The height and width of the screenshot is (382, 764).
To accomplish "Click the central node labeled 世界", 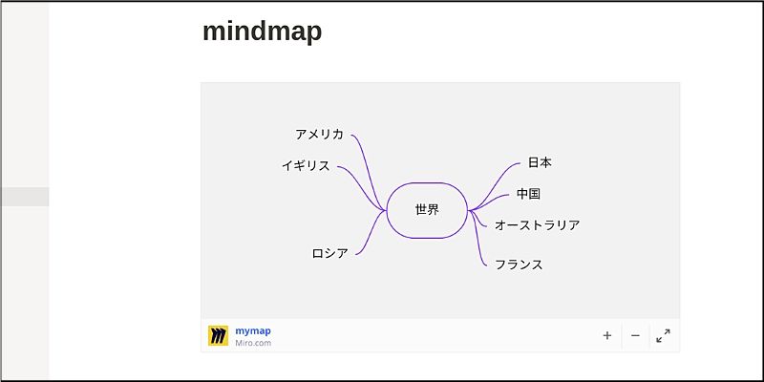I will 427,210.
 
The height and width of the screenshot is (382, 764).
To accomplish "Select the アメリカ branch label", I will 319,135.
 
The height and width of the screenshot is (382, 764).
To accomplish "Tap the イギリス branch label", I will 306,166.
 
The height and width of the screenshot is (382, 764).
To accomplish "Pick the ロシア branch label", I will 329,253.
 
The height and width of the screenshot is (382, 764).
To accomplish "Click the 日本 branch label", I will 540,163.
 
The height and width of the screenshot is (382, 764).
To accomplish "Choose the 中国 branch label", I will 528,194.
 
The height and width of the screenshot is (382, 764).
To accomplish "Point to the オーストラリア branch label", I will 537,225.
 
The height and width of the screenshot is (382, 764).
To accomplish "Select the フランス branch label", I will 519,265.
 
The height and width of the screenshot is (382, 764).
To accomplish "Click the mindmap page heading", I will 262,32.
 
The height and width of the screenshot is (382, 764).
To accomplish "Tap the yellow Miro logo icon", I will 219,335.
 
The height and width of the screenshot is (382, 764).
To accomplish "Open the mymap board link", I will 253,330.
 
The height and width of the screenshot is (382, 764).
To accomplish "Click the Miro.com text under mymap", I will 253,343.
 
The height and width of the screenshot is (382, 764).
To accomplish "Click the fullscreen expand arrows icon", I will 663,335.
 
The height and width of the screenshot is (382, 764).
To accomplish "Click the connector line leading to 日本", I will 501,178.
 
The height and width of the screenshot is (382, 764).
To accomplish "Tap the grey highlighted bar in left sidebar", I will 25,197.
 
